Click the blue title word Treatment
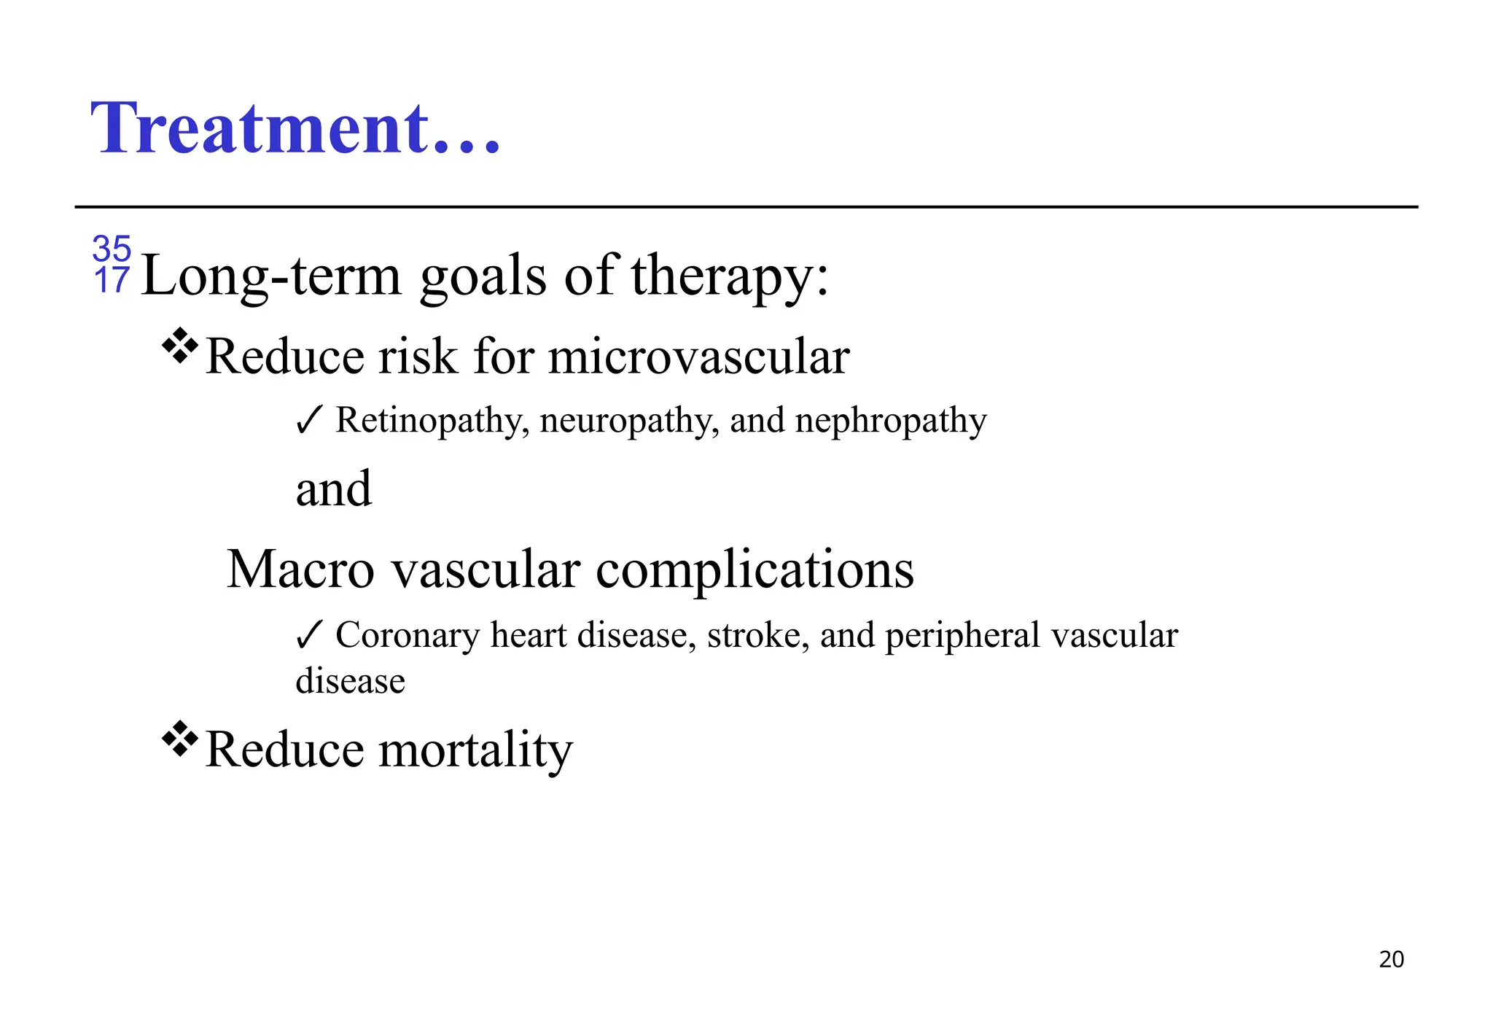click(295, 128)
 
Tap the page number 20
click(1391, 960)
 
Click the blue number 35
click(112, 249)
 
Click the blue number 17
click(112, 281)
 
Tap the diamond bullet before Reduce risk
click(179, 346)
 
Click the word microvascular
click(698, 357)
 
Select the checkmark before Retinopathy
click(308, 421)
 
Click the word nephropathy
click(890, 421)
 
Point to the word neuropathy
click(629, 421)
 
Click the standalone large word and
click(334, 489)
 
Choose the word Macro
click(300, 569)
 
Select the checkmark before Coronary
click(308, 635)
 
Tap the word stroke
click(757, 634)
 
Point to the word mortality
click(475, 750)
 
